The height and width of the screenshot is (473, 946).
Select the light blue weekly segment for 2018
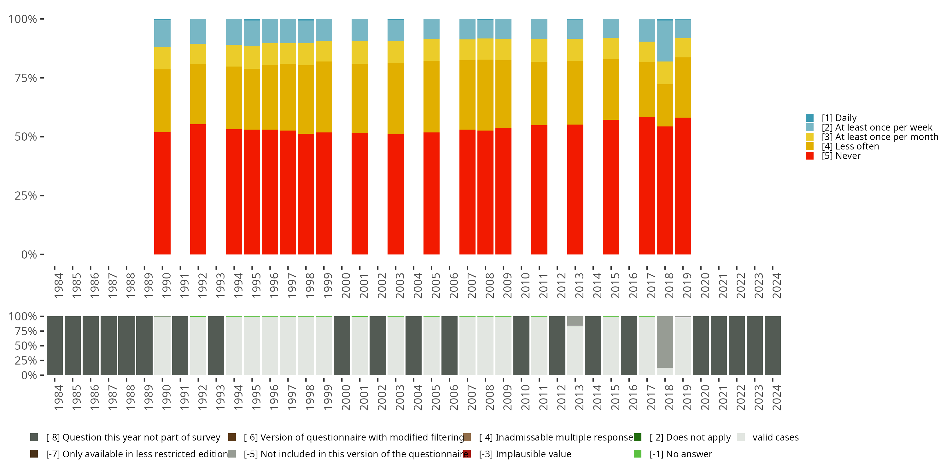tap(665, 41)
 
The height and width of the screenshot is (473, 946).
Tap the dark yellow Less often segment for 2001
tap(359, 98)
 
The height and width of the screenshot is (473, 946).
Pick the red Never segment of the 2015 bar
tap(611, 187)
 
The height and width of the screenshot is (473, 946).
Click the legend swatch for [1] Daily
tap(810, 118)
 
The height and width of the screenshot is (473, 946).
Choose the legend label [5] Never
tap(841, 156)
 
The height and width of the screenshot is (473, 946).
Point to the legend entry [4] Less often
tap(850, 146)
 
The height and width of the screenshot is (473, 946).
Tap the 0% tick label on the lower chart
tap(29, 375)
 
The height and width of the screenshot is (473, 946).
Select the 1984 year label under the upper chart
tap(58, 285)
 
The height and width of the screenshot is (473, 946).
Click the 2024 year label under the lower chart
tap(776, 397)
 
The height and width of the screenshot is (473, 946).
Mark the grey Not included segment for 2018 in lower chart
tap(665, 342)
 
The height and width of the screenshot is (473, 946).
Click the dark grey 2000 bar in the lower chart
tap(342, 346)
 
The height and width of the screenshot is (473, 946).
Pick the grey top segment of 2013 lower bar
tap(575, 321)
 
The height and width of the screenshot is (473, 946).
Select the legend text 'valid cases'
tap(775, 437)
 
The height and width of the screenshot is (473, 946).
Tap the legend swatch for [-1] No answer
tap(638, 454)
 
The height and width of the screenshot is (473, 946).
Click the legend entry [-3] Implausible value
tap(525, 454)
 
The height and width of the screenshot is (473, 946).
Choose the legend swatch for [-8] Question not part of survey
tap(34, 437)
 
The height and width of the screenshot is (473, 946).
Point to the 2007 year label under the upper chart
tap(471, 285)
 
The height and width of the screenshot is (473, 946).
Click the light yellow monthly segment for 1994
tap(234, 55)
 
